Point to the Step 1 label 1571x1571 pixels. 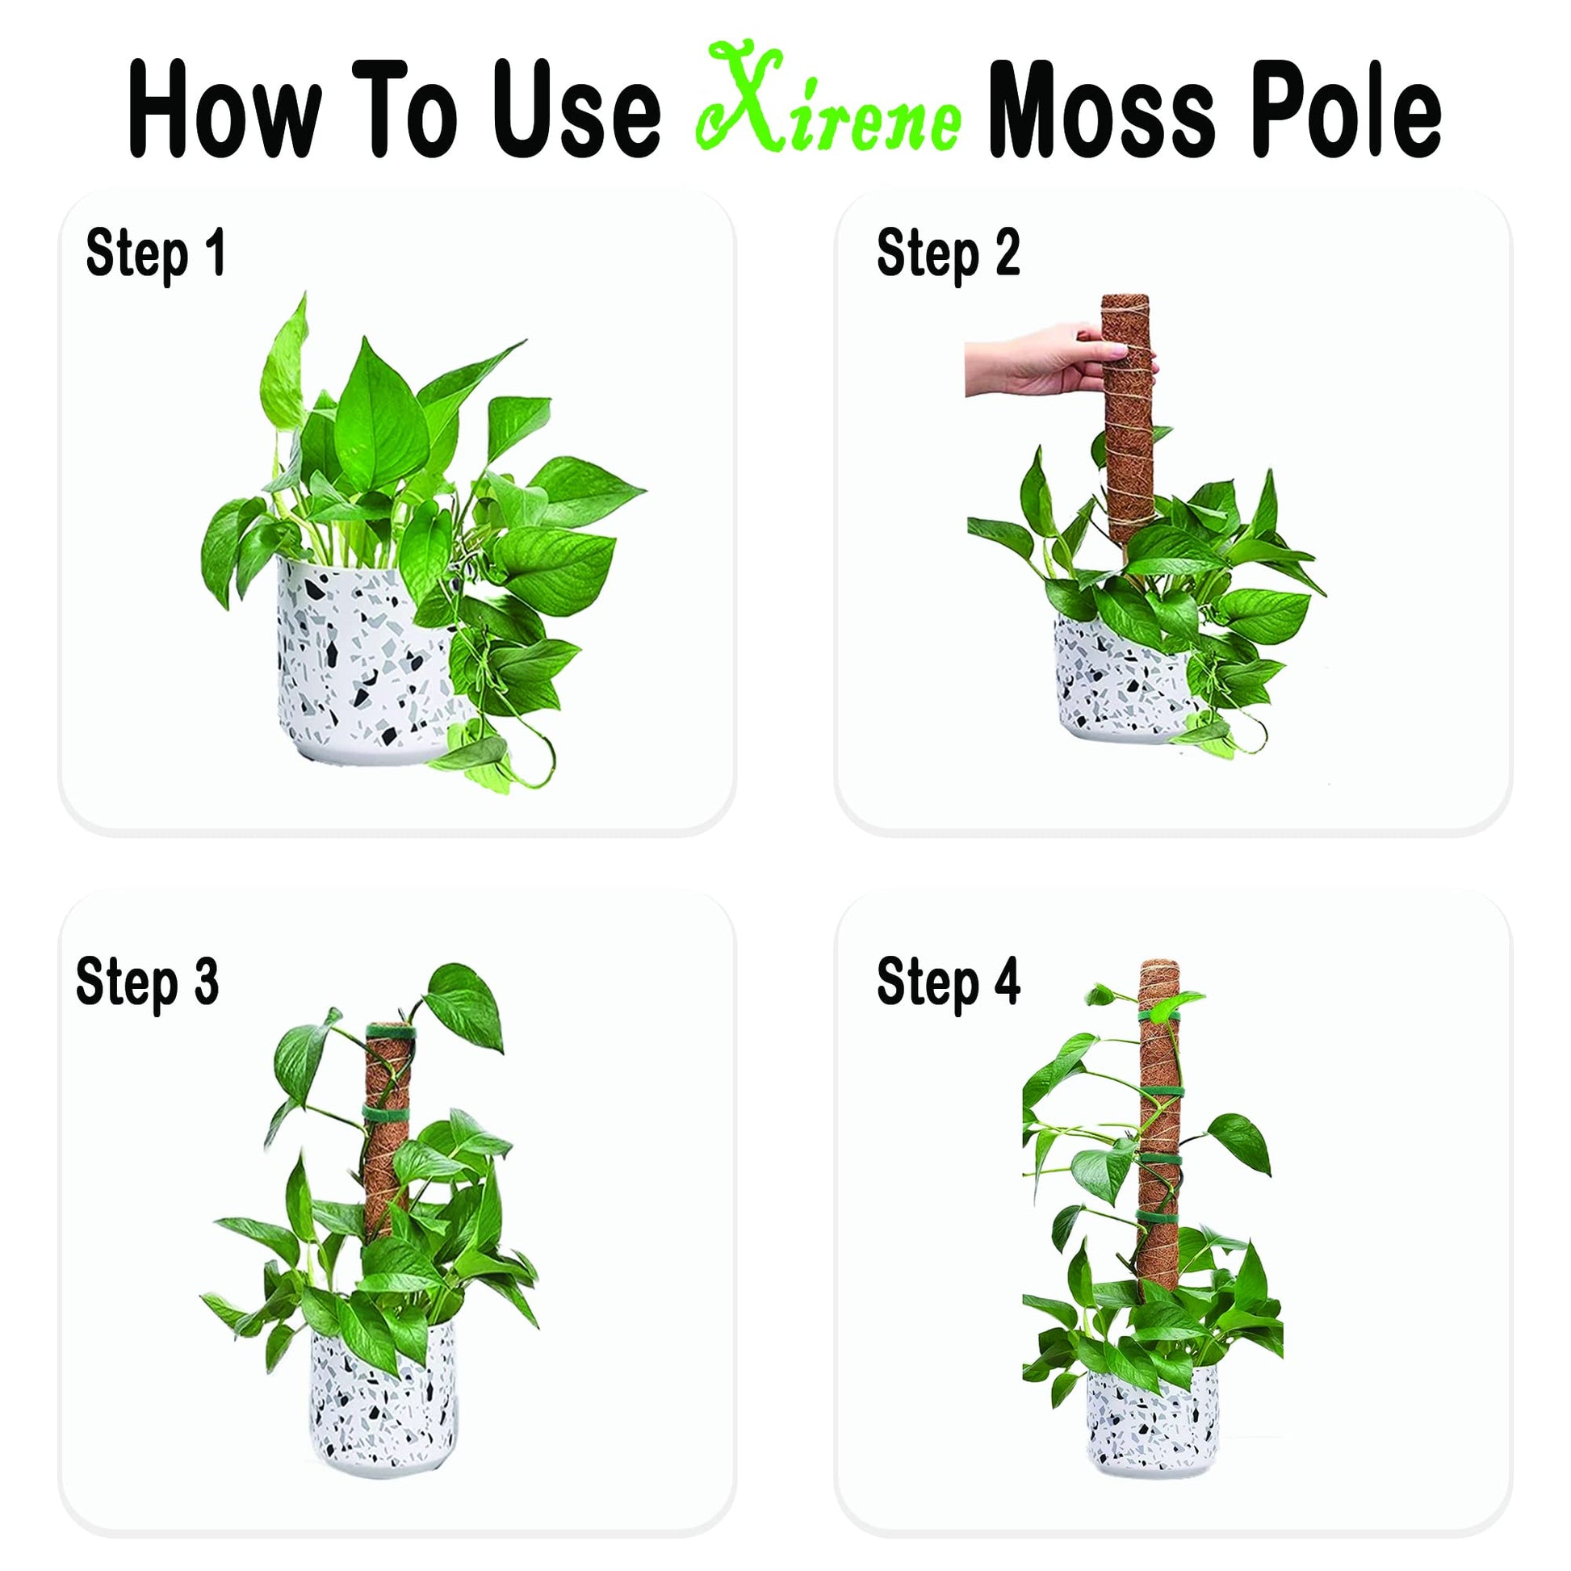(x=155, y=254)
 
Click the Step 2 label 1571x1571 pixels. (x=948, y=254)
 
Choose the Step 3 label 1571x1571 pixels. (x=147, y=983)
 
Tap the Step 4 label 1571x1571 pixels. (x=948, y=983)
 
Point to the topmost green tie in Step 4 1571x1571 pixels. (x=1161, y=1020)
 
